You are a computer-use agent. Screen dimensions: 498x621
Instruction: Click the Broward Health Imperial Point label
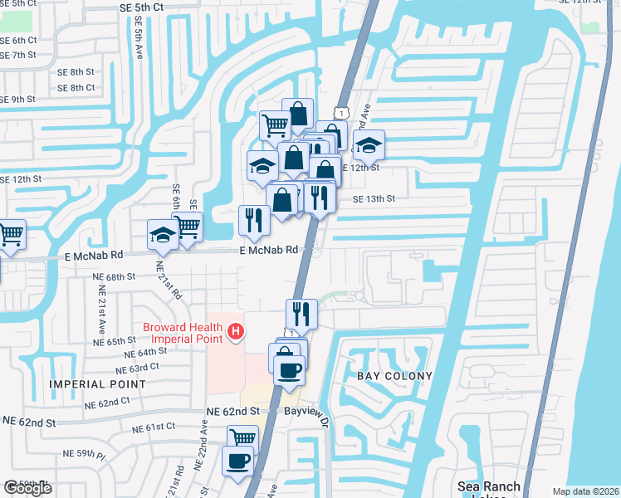tap(183, 332)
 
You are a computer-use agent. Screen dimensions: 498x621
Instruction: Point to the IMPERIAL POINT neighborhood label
tap(98, 384)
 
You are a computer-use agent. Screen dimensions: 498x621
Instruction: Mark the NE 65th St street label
tap(115, 341)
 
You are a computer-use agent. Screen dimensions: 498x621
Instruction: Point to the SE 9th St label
tap(18, 100)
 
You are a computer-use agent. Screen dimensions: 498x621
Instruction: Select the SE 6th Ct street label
tap(20, 40)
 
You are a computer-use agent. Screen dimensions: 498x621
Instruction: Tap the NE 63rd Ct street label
tap(138, 367)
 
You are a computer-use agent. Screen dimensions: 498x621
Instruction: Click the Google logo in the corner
tap(27, 488)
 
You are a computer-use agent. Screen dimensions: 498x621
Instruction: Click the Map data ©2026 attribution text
tap(585, 491)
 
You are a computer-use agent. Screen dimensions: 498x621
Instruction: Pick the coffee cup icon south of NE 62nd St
tap(238, 461)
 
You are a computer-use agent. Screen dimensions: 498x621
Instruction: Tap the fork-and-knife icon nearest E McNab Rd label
tap(254, 220)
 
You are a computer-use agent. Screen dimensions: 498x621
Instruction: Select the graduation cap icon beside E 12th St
tap(369, 146)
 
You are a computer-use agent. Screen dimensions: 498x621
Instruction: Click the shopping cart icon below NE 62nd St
tap(243, 439)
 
